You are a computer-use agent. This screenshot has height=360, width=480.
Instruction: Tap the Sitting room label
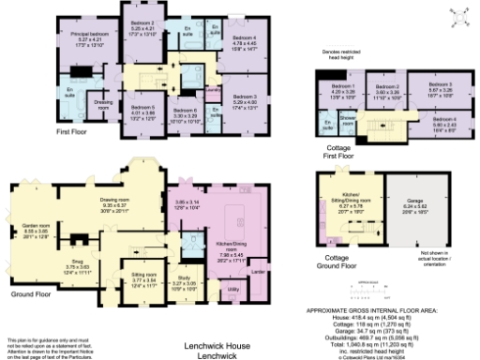[141, 278]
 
